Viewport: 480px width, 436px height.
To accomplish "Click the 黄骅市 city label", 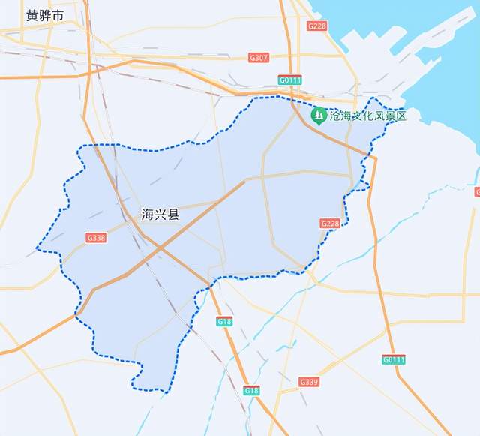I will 44,15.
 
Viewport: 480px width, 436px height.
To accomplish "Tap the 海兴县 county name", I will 160,215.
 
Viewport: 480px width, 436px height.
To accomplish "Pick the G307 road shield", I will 258,57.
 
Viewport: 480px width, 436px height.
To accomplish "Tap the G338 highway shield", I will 96,238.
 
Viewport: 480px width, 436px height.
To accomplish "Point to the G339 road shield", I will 309,382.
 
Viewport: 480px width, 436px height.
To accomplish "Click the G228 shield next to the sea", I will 317,26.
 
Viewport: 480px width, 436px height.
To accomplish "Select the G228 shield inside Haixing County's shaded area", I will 329,224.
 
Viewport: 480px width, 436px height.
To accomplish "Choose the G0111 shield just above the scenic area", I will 289,80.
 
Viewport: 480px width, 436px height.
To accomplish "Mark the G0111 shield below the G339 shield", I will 393,360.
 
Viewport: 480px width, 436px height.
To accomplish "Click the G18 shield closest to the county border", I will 224,321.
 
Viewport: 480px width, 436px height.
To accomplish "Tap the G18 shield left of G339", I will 251,391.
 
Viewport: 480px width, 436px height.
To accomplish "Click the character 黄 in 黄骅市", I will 31,15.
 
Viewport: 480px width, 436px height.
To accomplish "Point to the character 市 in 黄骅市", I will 58,15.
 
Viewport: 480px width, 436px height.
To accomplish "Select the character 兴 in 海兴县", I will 160,215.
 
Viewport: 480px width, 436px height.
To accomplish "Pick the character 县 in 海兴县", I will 173,215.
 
